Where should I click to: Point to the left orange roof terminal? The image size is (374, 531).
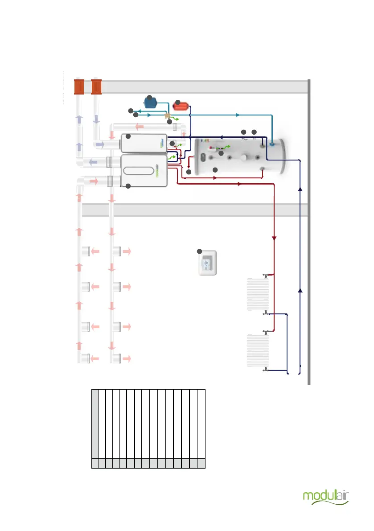[x=79, y=87]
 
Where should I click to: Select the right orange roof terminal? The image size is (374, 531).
[x=96, y=87]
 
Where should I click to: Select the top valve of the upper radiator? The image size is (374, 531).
[x=265, y=276]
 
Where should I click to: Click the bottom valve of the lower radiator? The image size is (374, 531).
[x=266, y=369]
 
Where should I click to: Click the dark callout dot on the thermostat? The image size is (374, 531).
[x=200, y=251]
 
